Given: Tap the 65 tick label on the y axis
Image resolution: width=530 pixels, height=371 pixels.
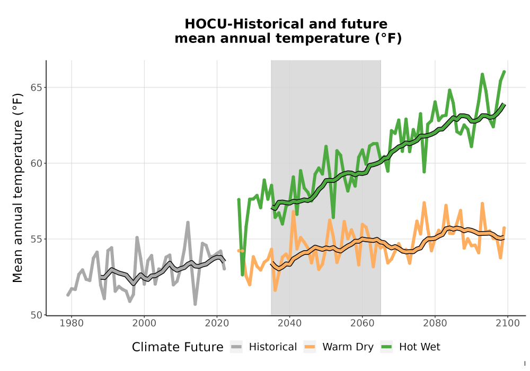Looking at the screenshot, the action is (x=37, y=87).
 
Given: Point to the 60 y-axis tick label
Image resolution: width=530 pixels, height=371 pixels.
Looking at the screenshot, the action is (x=37, y=163).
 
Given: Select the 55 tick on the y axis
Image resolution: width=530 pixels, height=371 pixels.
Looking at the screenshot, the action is (x=37, y=239).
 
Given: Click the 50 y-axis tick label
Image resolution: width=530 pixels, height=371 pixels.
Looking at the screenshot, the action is (x=37, y=315).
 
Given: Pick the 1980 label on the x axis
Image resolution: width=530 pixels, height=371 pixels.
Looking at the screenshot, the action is (x=72, y=323).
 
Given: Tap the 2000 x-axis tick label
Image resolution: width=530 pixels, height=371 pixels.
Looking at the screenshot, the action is (x=144, y=323).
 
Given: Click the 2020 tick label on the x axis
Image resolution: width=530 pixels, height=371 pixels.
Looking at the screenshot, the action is (x=217, y=323).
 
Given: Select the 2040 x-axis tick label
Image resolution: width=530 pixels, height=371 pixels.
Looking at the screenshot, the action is (x=290, y=323).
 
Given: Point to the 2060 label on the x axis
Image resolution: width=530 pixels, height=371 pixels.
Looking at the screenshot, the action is (x=363, y=323).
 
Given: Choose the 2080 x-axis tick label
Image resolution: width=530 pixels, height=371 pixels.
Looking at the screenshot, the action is (x=435, y=323).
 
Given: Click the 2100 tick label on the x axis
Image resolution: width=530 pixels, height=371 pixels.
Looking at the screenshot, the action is (x=508, y=323).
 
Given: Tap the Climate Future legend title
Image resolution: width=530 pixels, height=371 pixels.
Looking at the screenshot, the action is (x=178, y=347).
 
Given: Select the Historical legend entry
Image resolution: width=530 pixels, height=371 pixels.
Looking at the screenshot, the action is (x=263, y=347).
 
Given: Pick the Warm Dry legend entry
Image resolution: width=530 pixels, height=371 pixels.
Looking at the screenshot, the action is (x=339, y=347).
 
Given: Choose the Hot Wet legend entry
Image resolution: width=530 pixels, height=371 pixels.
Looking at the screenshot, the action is (x=410, y=347).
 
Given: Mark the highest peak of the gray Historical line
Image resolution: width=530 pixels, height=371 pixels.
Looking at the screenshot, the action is (x=188, y=222).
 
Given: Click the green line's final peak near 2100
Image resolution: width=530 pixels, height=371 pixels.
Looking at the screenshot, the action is (x=505, y=72).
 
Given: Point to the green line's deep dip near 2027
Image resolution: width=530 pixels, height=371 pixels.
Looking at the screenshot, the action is (x=242, y=275).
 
